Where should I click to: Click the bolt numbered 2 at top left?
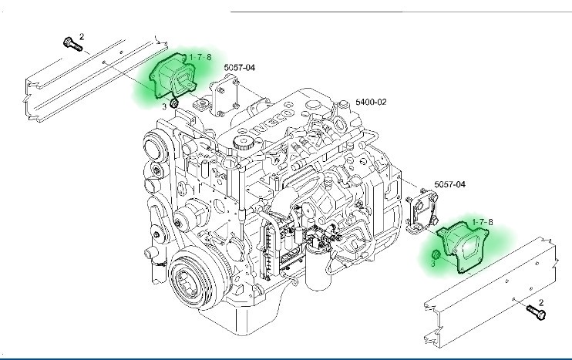click(72, 44)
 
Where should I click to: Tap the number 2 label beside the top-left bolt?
click(82, 36)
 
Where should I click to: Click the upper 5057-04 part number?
click(240, 68)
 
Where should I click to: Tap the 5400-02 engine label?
click(371, 102)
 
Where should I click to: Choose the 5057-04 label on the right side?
click(450, 184)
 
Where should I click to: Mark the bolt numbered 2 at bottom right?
click(534, 313)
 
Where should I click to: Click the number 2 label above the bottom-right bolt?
click(541, 303)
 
